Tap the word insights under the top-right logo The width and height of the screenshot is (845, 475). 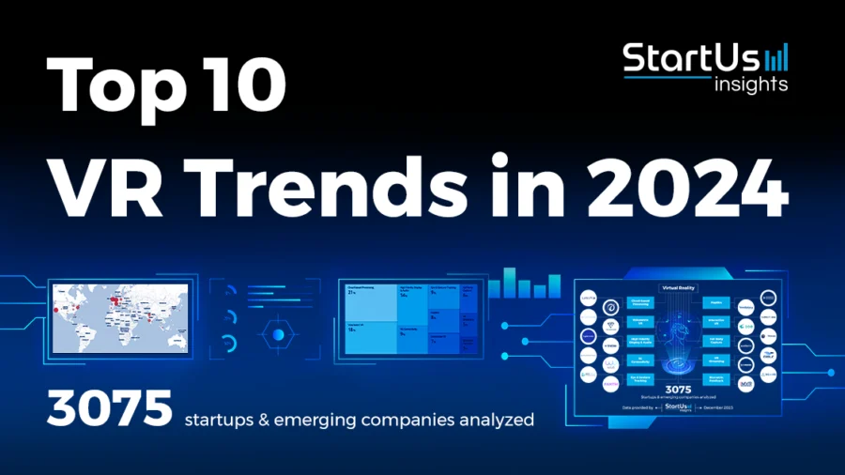(x=749, y=84)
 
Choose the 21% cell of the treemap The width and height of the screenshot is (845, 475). (x=369, y=300)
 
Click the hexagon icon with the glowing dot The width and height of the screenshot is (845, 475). (x=277, y=333)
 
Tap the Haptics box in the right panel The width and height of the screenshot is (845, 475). (x=723, y=304)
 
